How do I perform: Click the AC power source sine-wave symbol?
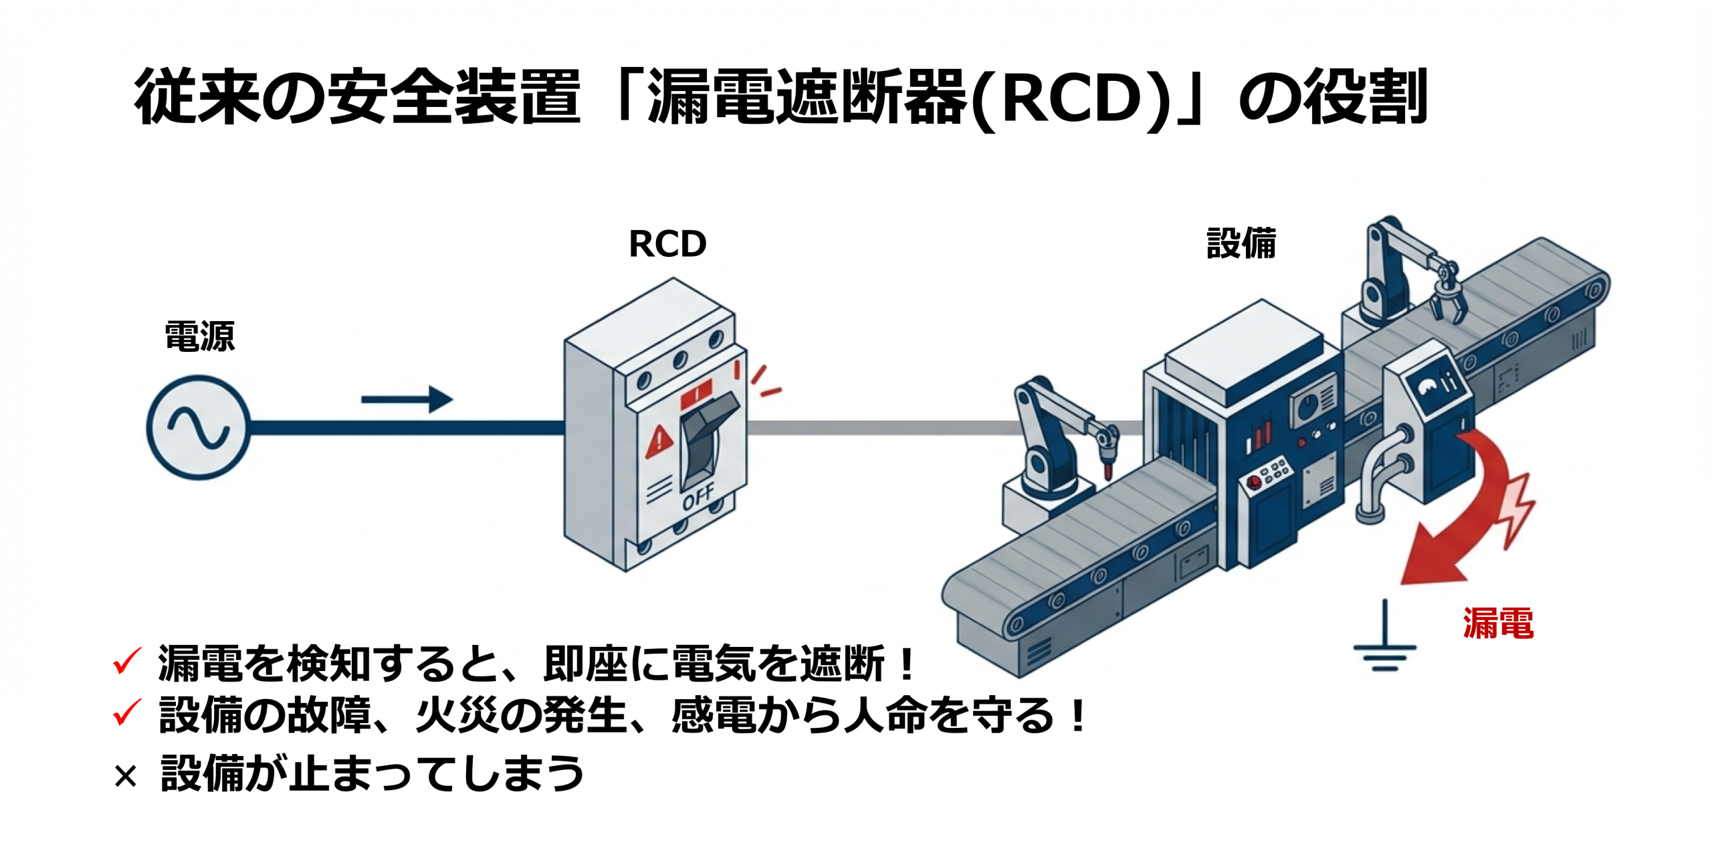tap(198, 427)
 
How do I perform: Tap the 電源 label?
tap(199, 337)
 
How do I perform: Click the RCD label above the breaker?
tap(667, 244)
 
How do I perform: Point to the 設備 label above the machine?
tap(1241, 244)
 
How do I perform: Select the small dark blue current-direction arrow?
tap(407, 399)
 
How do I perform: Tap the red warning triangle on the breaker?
tap(659, 442)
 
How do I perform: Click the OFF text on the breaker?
tap(698, 496)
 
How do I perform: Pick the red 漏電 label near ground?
tap(1497, 623)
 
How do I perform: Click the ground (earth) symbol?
tap(1384, 642)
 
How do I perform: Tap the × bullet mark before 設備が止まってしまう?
tap(125, 777)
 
